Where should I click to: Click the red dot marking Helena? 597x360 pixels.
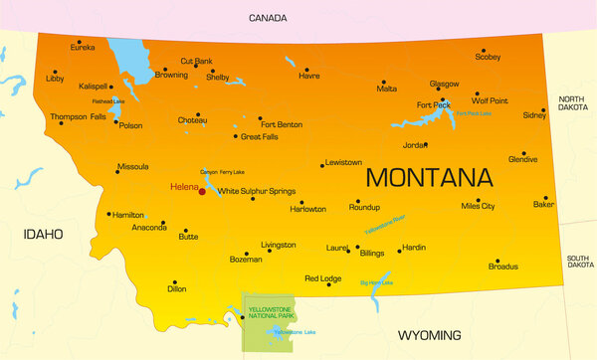pyautogui.click(x=201, y=190)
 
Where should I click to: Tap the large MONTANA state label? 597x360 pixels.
pyautogui.click(x=429, y=178)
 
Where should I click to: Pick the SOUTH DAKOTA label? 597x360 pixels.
pyautogui.click(x=579, y=262)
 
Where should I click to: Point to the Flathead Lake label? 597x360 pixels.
pyautogui.click(x=109, y=101)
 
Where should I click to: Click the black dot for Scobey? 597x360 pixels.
pyautogui.click(x=484, y=51)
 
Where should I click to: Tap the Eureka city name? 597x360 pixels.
pyautogui.click(x=84, y=47)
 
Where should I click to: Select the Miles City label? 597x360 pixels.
pyautogui.click(x=478, y=206)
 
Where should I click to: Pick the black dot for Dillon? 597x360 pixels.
pyautogui.click(x=174, y=282)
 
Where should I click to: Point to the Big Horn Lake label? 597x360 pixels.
pyautogui.click(x=376, y=283)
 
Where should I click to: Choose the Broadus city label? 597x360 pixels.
pyautogui.click(x=502, y=267)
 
